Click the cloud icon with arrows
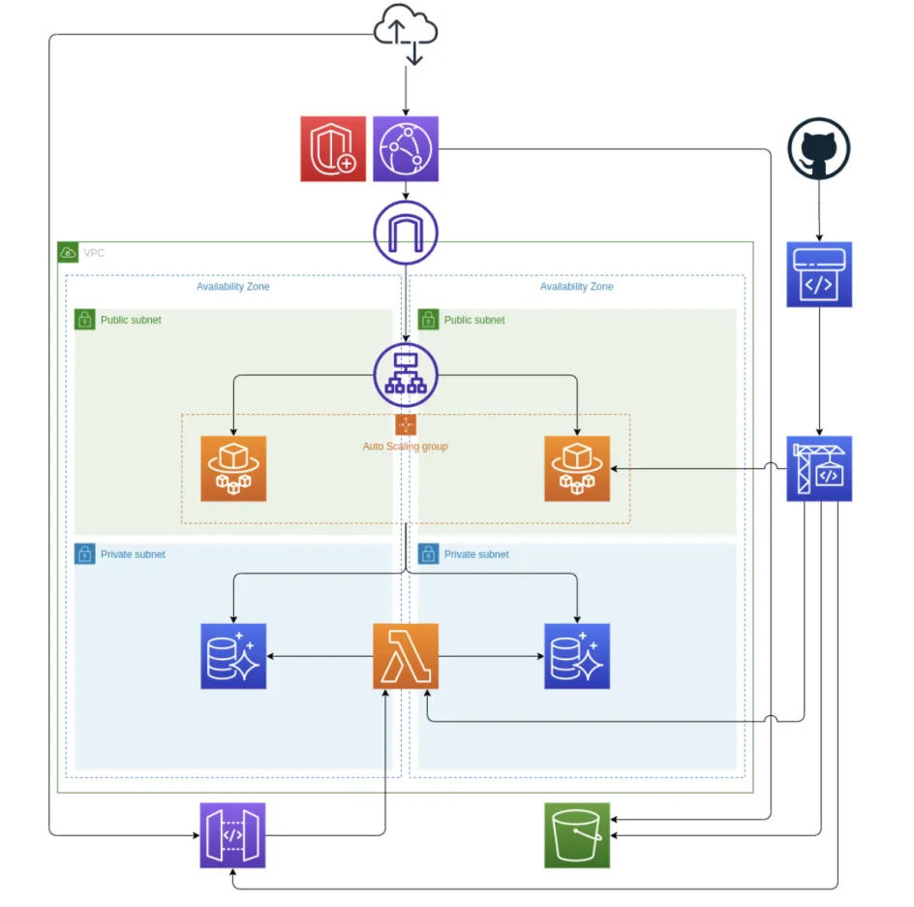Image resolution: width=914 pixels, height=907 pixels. [x=406, y=32]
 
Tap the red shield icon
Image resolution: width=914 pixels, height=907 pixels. [x=333, y=149]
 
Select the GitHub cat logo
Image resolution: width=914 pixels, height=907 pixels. [x=819, y=149]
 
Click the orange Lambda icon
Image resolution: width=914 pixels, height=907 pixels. [x=406, y=657]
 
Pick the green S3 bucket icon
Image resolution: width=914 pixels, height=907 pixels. [x=577, y=834]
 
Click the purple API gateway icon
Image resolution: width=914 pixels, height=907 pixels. [x=232, y=834]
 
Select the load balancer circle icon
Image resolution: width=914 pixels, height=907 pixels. [x=406, y=374]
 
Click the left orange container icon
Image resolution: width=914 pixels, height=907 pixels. [x=233, y=469]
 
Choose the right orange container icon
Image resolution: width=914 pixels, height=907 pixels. [x=577, y=469]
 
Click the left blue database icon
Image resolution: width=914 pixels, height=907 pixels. [x=233, y=657]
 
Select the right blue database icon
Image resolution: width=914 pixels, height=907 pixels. [x=577, y=657]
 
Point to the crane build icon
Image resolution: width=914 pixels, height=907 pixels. [x=819, y=469]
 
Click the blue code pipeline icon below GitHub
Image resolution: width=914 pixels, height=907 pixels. [x=819, y=274]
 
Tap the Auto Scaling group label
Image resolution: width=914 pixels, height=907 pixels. [x=405, y=447]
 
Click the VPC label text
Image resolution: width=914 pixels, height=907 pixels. [x=94, y=253]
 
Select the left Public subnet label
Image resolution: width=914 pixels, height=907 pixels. [x=131, y=320]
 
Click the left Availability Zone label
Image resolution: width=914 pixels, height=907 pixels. [x=232, y=287]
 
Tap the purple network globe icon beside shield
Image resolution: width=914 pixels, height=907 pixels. [x=406, y=149]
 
